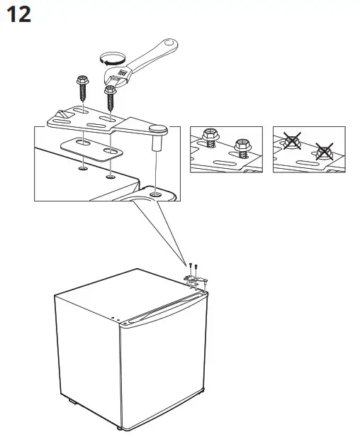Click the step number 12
[x=18, y=15]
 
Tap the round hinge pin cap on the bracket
[x=158, y=128]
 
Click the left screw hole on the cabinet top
[x=84, y=170]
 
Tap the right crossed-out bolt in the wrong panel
[x=324, y=150]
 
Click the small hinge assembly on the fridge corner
[x=196, y=278]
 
